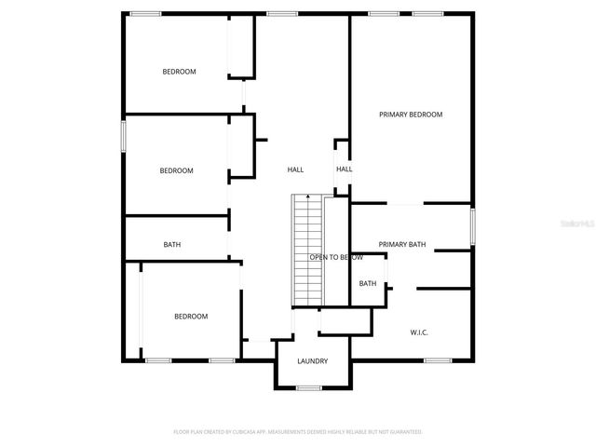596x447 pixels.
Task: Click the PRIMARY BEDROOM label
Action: click(x=410, y=115)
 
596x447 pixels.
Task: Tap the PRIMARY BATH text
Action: click(x=402, y=245)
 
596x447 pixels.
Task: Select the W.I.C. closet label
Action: click(x=419, y=332)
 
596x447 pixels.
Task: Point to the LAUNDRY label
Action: click(x=312, y=361)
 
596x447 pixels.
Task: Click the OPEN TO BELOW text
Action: click(x=336, y=257)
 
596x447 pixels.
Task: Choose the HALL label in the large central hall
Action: click(x=295, y=169)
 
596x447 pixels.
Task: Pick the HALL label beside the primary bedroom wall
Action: click(x=344, y=169)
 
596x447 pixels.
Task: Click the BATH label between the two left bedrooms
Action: click(x=172, y=245)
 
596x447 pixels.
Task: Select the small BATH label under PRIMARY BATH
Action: click(x=368, y=284)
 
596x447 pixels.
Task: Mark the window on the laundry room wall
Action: click(x=309, y=387)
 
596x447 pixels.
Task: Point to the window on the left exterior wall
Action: click(x=123, y=134)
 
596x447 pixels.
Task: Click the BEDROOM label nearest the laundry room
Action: click(x=191, y=317)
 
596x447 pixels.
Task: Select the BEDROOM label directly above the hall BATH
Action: click(x=176, y=170)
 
